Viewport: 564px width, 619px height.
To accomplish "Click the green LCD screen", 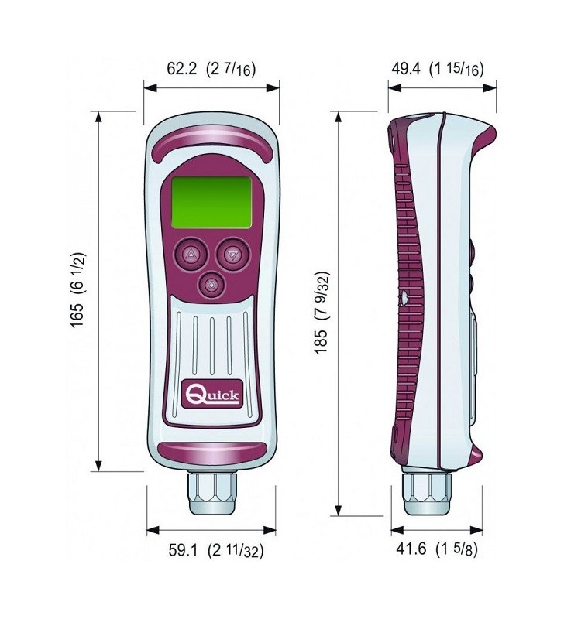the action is (x=211, y=202).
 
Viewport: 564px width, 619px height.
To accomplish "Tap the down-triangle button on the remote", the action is (x=232, y=255).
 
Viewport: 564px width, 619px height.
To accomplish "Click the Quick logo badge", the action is (x=211, y=395).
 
